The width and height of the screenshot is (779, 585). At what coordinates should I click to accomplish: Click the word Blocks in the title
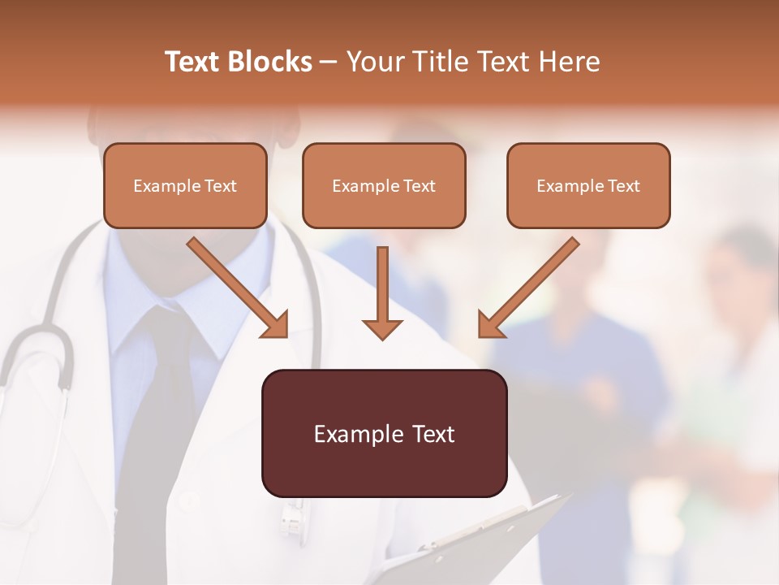pyautogui.click(x=272, y=62)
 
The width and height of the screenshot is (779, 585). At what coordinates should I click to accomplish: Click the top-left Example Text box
pyautogui.click(x=185, y=186)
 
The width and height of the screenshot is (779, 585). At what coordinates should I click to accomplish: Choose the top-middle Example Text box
pyautogui.click(x=384, y=186)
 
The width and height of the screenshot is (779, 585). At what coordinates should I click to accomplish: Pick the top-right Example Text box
pyautogui.click(x=588, y=186)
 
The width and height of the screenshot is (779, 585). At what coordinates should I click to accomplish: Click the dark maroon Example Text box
pyautogui.click(x=384, y=434)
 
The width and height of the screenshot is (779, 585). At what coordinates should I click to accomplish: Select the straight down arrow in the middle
pyautogui.click(x=382, y=292)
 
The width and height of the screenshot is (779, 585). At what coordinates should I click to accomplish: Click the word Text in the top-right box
pyautogui.click(x=624, y=186)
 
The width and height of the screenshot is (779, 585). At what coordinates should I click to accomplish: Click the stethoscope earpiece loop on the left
pyautogui.click(x=37, y=357)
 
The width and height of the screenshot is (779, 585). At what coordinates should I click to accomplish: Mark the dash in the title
pyautogui.click(x=329, y=62)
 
